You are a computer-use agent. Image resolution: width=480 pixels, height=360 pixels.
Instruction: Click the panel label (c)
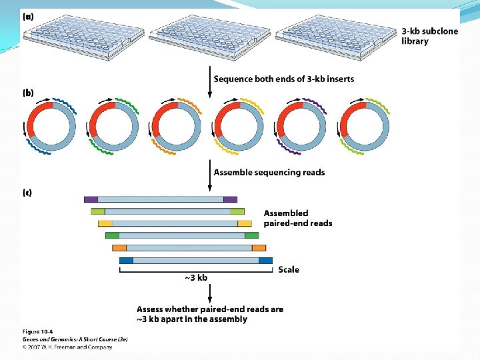tap(28, 193)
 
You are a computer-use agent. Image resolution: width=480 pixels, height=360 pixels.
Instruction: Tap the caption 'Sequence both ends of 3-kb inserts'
tap(283, 79)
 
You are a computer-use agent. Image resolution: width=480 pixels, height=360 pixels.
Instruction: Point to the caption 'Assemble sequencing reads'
tap(269, 172)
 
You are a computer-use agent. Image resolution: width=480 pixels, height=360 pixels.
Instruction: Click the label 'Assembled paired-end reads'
tap(297, 218)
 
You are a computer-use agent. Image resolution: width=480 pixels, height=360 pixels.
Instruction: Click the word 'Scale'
tap(289, 269)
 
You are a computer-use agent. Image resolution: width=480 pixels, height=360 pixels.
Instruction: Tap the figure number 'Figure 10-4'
tap(38, 331)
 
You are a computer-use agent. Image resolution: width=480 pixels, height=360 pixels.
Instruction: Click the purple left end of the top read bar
tap(91, 199)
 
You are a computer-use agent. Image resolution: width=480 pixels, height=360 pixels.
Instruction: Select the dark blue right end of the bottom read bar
tap(265, 260)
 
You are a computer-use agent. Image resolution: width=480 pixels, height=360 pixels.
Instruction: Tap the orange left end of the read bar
tap(119, 248)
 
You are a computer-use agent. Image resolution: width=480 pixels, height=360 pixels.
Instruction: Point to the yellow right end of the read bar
tap(245, 223)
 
